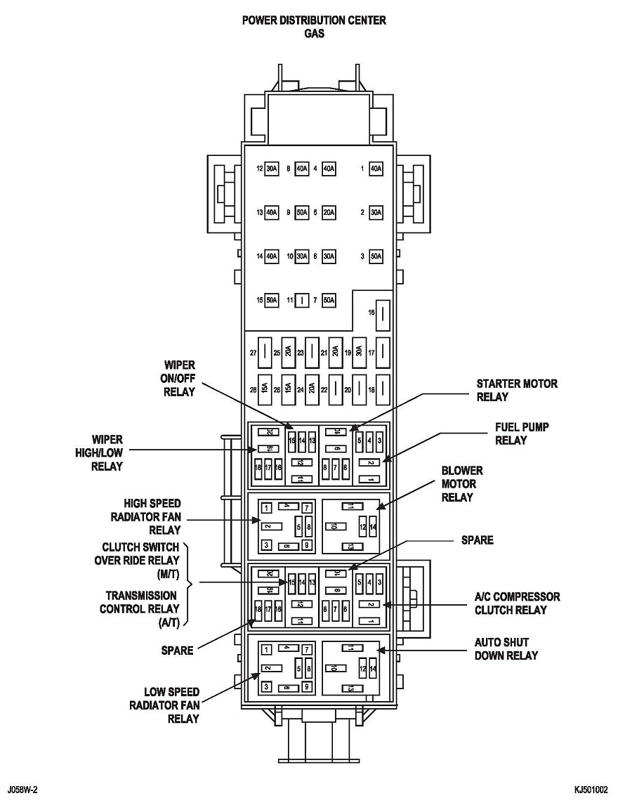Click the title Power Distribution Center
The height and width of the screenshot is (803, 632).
pos(314,20)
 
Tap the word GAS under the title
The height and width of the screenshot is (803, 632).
pos(314,34)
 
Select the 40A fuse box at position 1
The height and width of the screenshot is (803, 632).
pos(376,169)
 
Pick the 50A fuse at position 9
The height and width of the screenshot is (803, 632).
pos(302,212)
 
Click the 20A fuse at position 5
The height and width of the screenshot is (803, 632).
pos(329,212)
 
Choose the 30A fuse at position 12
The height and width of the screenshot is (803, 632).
pos(272,169)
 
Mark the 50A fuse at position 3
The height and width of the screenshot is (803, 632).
pos(376,256)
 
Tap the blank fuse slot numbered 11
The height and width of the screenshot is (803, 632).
pos(302,300)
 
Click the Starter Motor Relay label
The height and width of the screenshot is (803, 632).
pos(517,390)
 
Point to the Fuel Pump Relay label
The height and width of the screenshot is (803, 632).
pos(522,433)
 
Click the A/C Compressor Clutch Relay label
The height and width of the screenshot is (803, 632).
pos(517,603)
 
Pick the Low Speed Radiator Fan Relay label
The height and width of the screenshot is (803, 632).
pos(164,705)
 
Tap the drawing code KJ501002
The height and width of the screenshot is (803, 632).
pos(591,790)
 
